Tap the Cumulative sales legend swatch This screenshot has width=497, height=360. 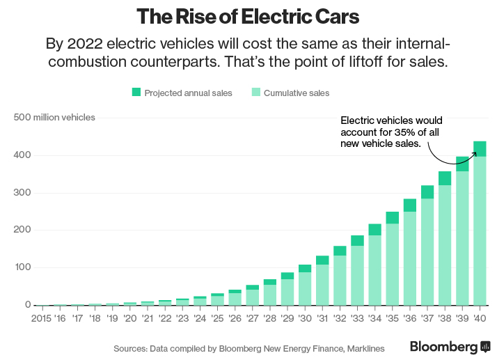point(255,93)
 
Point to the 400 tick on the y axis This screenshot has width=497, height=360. point(23,155)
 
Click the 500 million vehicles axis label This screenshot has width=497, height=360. point(54,117)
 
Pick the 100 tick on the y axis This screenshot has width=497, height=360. point(23,267)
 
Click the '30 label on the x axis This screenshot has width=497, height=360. point(304,318)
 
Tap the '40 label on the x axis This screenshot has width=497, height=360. point(480,318)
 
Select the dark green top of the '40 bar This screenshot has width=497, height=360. point(480,148)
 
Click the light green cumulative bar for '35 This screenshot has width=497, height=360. point(392,265)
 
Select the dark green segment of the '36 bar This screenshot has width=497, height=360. point(409,205)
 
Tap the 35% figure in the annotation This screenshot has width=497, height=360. point(402,132)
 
